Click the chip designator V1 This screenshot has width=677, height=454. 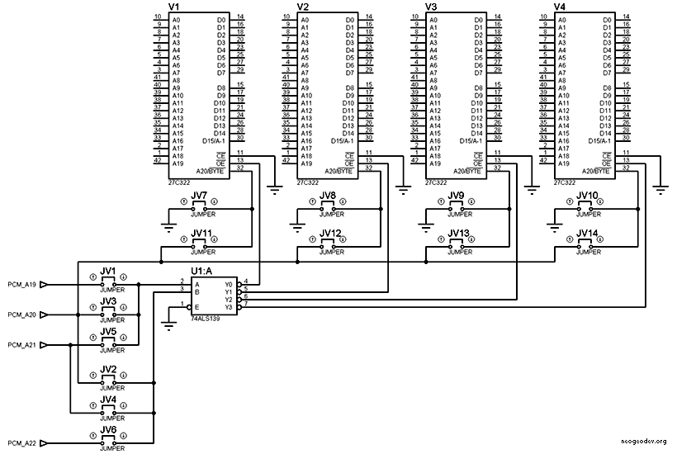click(174, 7)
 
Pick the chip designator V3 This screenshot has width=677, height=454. click(431, 7)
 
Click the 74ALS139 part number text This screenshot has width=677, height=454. click(206, 317)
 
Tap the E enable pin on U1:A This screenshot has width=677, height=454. click(196, 306)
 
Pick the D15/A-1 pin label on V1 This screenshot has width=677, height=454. click(215, 141)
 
